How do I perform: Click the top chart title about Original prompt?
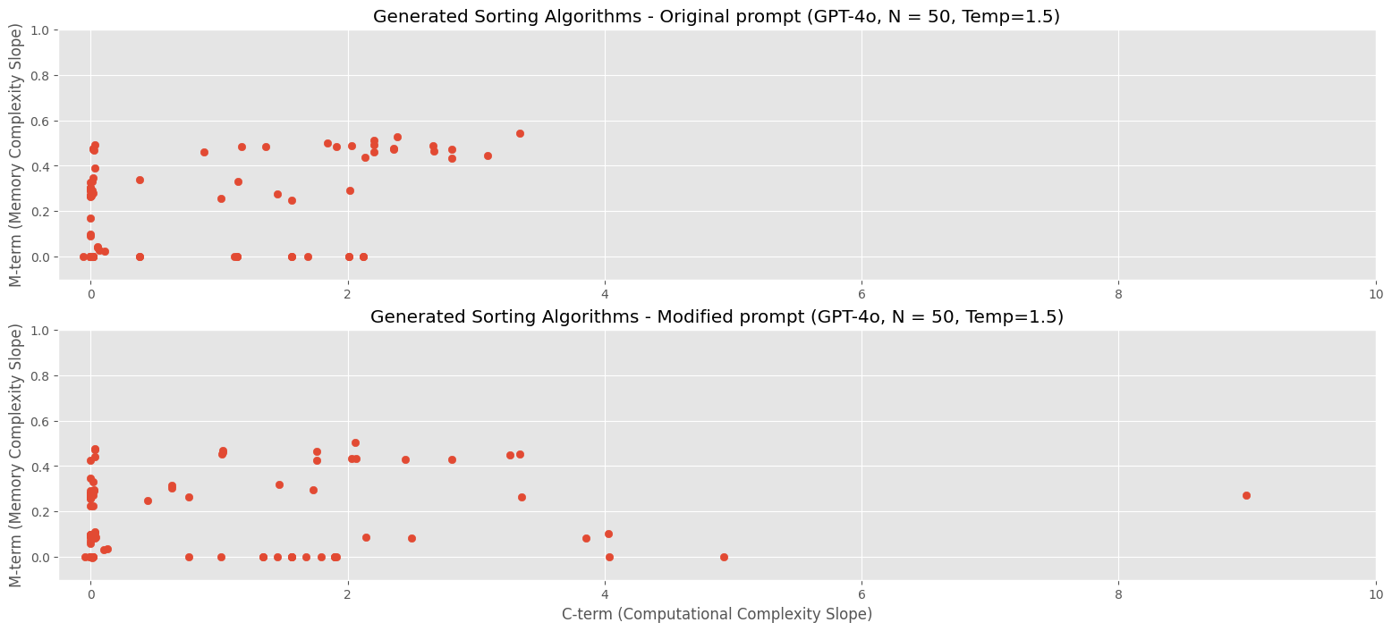pos(716,17)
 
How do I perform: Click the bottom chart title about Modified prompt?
pos(716,317)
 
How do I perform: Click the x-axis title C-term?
pos(717,614)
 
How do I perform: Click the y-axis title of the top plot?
pos(16,155)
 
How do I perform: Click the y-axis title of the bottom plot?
pos(16,455)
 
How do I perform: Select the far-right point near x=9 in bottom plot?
pos(1246,495)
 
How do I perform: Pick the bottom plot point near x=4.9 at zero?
pos(724,557)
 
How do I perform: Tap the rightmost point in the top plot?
pos(520,133)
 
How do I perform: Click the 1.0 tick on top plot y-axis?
pos(39,30)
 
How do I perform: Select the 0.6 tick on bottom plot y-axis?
pos(39,421)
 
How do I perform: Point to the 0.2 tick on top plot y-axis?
pos(39,212)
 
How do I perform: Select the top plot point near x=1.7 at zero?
pos(308,257)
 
